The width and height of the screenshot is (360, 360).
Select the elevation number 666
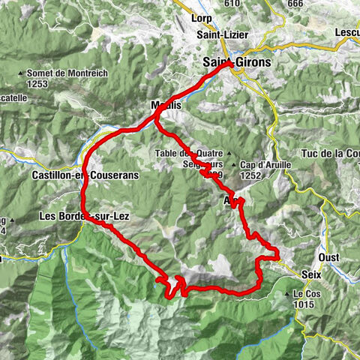(295, 4)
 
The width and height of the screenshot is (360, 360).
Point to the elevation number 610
(231, 4)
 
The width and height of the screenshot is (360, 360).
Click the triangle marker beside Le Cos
(287, 294)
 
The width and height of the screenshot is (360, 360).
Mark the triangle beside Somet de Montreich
(21, 73)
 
